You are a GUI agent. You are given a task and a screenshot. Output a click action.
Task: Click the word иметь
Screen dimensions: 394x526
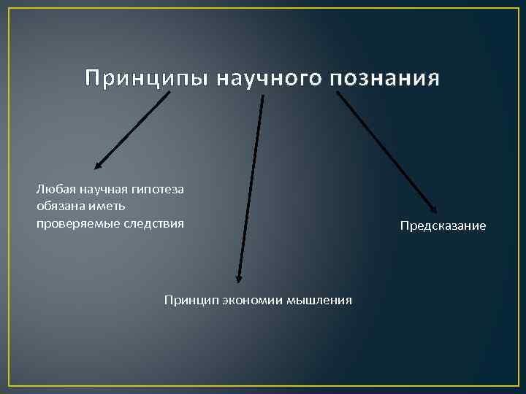107,206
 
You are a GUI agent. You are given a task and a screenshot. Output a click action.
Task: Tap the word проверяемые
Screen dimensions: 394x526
74,223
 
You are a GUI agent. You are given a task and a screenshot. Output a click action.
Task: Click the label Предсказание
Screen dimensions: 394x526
443,226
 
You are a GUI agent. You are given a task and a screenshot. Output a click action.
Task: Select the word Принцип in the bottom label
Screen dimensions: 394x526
186,300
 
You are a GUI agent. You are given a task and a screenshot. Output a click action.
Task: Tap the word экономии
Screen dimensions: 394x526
247,300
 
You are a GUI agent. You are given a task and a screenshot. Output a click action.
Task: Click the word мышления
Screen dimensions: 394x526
319,300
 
